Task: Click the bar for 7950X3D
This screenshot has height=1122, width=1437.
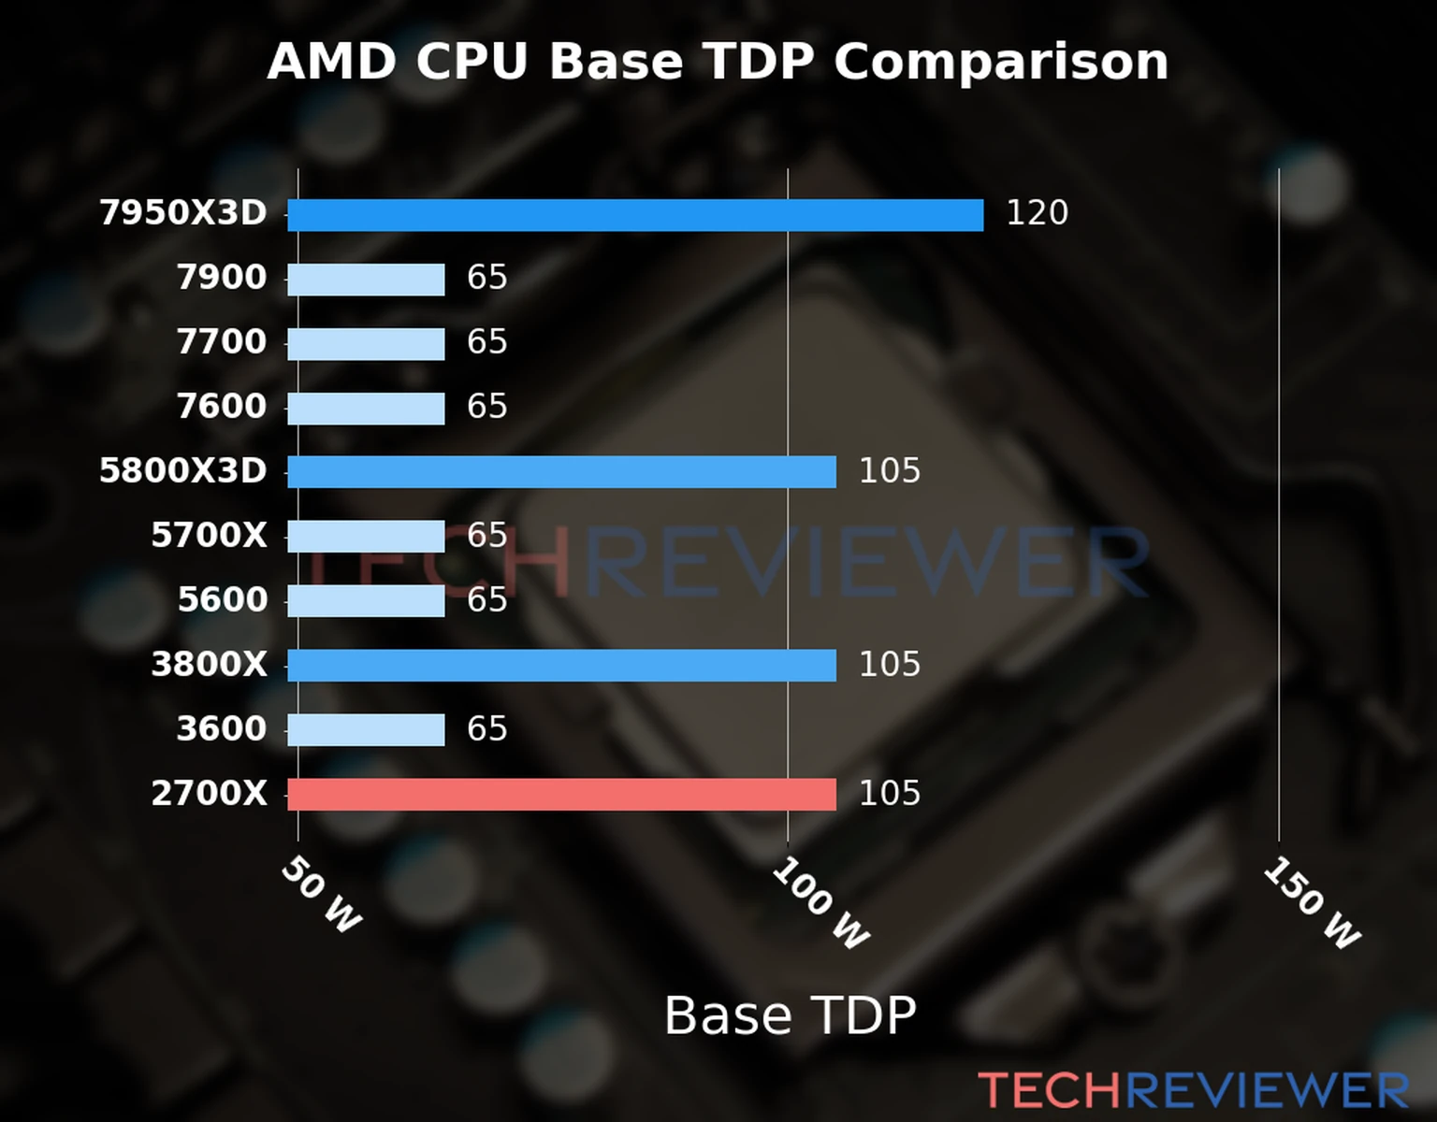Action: (635, 215)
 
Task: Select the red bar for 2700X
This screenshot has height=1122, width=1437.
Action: (561, 795)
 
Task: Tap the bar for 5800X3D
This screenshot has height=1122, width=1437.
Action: (561, 472)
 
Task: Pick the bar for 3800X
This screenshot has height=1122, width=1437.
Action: (561, 666)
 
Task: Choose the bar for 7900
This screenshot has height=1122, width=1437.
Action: (366, 280)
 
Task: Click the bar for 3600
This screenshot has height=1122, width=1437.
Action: (366, 730)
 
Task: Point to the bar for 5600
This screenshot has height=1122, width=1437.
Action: (366, 601)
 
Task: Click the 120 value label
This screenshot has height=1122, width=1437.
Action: (1037, 213)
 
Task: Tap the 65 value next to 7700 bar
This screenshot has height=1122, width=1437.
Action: (486, 342)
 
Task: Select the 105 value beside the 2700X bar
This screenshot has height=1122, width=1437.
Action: (889, 794)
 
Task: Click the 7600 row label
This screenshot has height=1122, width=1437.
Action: (222, 407)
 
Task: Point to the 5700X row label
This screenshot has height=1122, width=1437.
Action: (209, 536)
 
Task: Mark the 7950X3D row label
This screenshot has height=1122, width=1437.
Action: (183, 213)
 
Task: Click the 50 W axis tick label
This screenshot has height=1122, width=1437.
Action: (321, 895)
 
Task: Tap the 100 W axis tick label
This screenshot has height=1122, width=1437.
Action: (820, 903)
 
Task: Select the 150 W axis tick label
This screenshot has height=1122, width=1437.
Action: (1312, 903)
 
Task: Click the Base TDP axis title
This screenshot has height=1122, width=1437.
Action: (790, 1015)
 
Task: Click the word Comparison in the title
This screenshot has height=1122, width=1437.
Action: (1001, 63)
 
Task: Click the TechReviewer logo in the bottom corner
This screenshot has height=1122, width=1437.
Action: (1193, 1090)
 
